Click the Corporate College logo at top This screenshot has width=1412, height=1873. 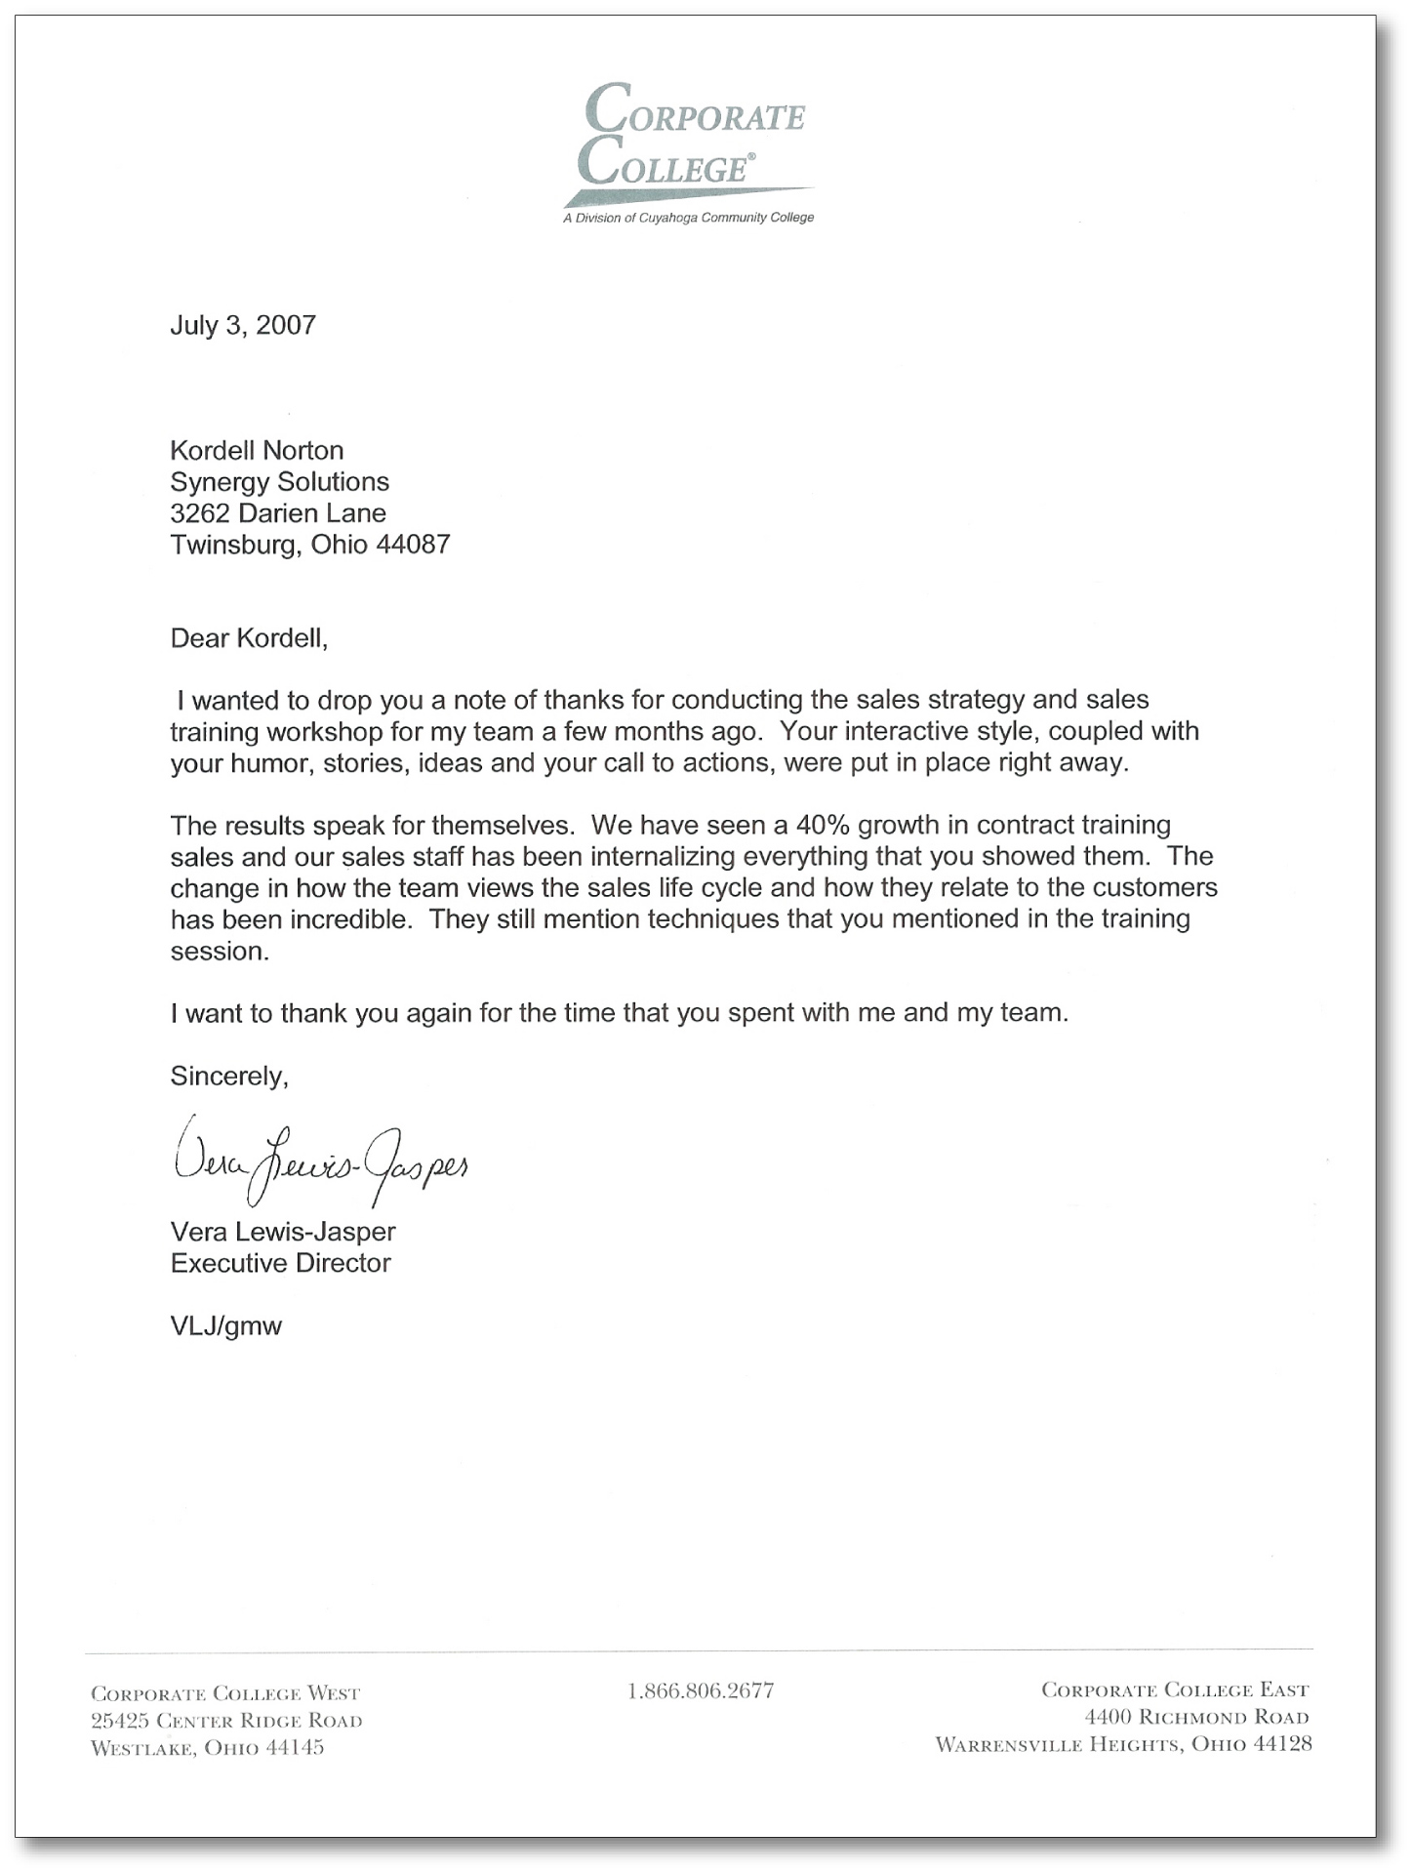(x=693, y=137)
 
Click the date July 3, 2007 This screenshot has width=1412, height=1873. (x=243, y=325)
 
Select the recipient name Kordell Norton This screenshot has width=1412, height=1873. (x=257, y=451)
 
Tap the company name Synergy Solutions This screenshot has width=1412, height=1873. (x=279, y=482)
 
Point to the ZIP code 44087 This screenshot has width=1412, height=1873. (x=413, y=545)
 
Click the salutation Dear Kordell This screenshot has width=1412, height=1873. (x=249, y=638)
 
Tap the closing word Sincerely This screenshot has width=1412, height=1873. (x=229, y=1077)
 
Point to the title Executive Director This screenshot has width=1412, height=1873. (x=280, y=1264)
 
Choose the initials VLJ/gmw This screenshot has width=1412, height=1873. (x=225, y=1326)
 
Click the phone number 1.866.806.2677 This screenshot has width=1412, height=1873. (x=701, y=1690)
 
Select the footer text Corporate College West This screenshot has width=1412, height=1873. (x=225, y=1693)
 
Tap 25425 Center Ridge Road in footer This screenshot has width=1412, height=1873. (x=226, y=1721)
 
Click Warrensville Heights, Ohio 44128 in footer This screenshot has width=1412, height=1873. (x=1123, y=1744)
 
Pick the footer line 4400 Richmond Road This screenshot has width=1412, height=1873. (x=1196, y=1717)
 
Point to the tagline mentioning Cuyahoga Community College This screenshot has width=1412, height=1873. (x=688, y=218)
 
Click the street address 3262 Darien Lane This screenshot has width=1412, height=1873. (x=278, y=513)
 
